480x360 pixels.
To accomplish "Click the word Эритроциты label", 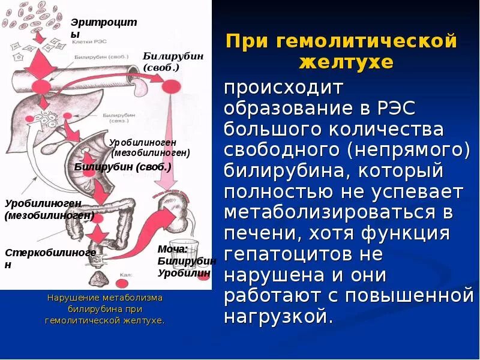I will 103,28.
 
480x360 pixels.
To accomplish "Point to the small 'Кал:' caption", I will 125,274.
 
